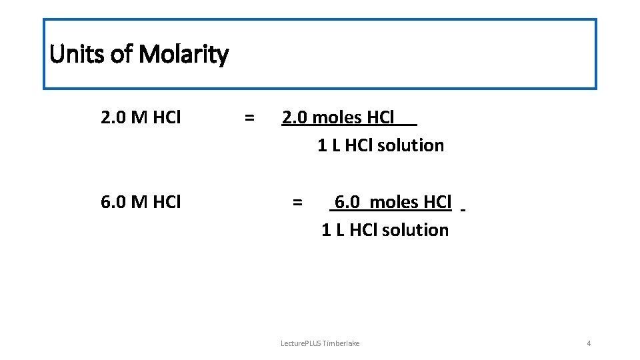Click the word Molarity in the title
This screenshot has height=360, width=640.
184,54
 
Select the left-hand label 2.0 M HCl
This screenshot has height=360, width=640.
141,118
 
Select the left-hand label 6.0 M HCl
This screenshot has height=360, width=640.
141,202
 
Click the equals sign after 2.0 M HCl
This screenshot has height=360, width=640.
249,118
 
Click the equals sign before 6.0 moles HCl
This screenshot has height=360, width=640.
297,202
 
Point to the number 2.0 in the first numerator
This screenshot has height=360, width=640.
295,118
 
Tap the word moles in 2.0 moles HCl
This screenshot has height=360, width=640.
337,118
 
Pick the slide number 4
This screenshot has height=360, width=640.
589,343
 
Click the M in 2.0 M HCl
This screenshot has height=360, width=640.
139,118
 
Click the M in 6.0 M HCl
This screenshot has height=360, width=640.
139,202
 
